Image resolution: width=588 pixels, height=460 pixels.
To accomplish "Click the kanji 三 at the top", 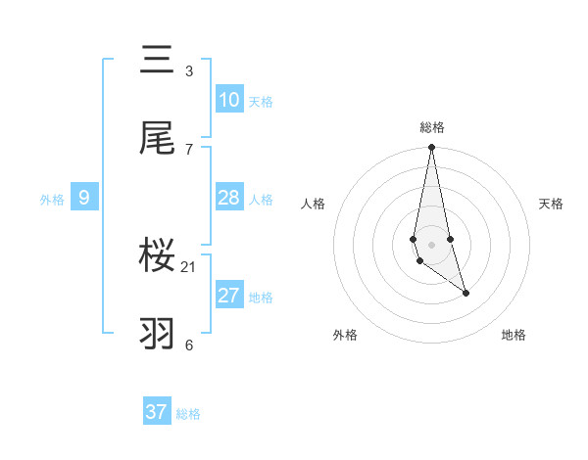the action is point(158,60).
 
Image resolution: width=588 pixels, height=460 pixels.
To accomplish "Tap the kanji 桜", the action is point(158,255).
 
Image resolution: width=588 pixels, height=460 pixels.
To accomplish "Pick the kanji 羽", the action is point(158,333).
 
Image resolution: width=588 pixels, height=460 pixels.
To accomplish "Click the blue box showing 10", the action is point(228,99).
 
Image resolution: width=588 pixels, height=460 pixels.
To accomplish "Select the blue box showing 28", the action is point(228,198).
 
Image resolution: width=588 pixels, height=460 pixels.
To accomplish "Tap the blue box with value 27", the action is point(228,296).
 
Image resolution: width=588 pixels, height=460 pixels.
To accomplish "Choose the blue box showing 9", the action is point(84,198).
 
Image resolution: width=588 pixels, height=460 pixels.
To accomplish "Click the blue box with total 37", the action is point(157,412).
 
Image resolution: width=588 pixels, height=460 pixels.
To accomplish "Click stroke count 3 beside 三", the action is point(189,71).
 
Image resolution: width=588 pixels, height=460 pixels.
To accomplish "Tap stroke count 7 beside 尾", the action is point(189,149).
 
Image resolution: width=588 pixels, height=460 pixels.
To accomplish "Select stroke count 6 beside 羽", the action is point(189,345).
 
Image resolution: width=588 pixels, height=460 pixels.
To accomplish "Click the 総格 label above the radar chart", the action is point(431,127).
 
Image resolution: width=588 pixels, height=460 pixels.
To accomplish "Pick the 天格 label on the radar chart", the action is point(552,204).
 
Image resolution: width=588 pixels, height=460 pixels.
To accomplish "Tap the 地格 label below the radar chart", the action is point(514,335).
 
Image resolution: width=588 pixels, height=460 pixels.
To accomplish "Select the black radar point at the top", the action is point(431,148).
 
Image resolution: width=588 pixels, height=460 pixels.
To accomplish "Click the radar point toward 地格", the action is point(465,293).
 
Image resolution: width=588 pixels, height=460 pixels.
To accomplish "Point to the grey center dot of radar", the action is point(431,244).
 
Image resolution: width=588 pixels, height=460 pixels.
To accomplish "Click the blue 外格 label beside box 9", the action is point(52,199).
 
